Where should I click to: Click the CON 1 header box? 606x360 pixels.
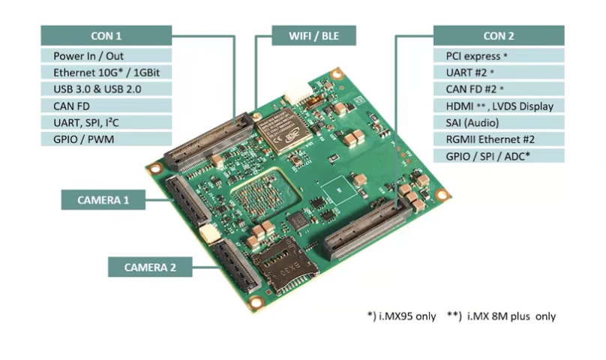106,35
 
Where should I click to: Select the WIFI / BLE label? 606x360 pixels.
313,35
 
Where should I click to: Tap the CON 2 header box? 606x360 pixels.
499,35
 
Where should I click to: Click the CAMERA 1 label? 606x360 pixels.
103,200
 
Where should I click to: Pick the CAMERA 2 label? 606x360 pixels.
150,267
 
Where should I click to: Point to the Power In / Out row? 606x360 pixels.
106,55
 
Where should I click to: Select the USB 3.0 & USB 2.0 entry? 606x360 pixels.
106,89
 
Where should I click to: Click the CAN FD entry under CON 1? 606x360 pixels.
106,106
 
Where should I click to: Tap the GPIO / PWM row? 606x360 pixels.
106,139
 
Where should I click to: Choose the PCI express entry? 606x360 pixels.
499,55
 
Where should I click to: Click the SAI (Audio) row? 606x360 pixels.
499,122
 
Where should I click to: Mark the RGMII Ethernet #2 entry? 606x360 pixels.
499,139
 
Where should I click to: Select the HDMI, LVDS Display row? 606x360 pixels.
499,106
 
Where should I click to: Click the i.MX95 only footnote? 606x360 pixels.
401,316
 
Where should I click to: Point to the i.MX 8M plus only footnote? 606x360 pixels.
501,316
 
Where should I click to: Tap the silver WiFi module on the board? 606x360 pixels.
283,130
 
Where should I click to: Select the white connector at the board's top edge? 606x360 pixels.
298,93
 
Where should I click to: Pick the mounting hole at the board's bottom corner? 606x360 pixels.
256,302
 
